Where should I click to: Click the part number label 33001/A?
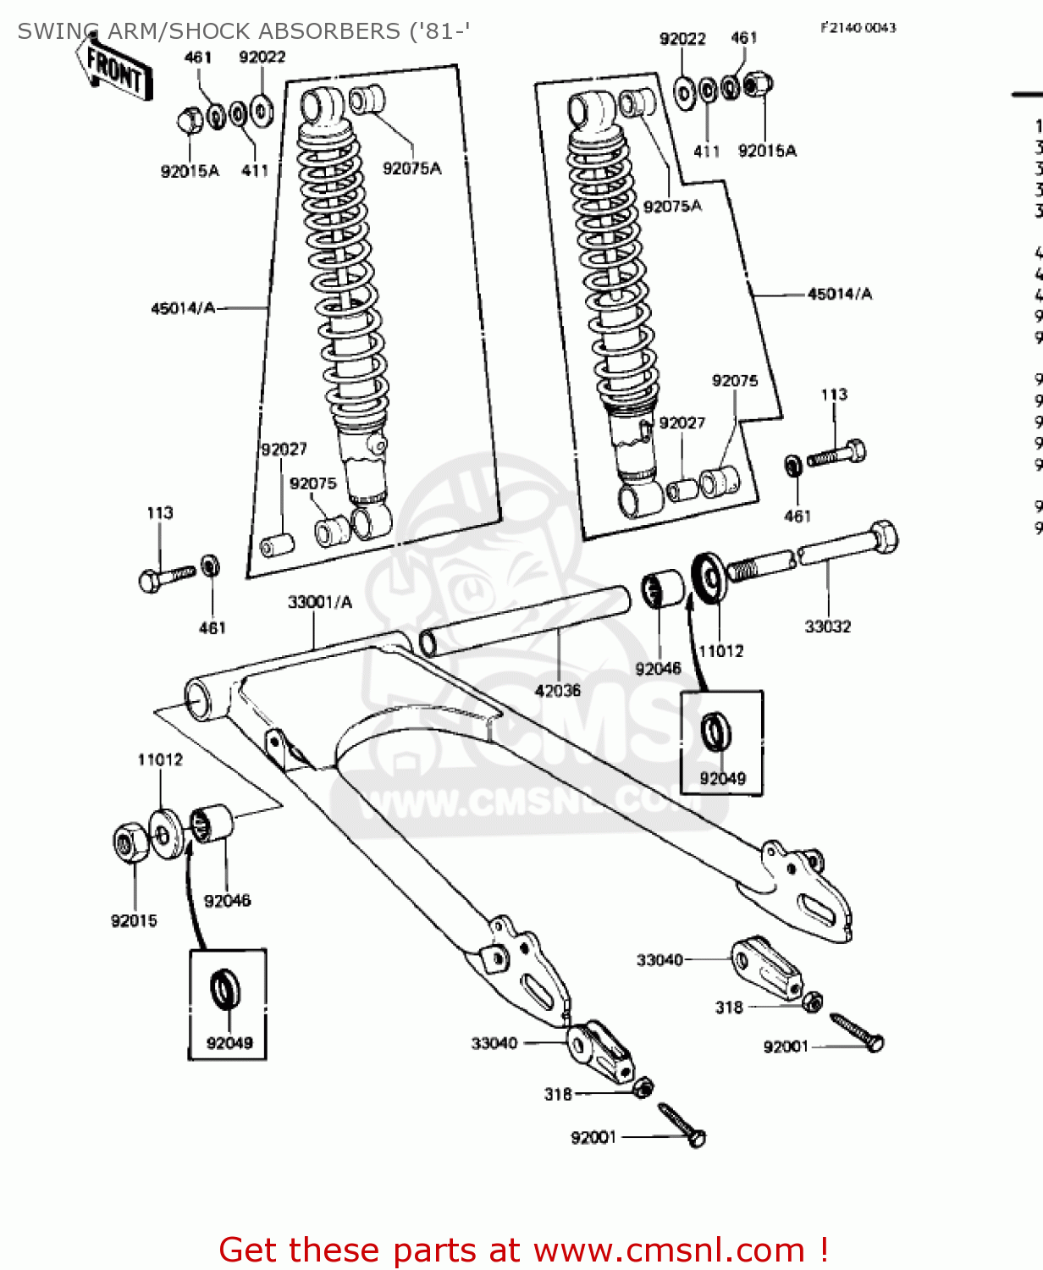[x=319, y=602]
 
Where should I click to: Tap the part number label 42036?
[x=557, y=691]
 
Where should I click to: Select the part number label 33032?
[x=827, y=627]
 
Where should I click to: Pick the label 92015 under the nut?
[x=134, y=920]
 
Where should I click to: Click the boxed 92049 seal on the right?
[x=717, y=731]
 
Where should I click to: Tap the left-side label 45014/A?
[x=183, y=308]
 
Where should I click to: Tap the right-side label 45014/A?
[x=839, y=294]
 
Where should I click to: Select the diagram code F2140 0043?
[x=858, y=27]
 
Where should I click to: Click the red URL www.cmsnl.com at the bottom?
[x=668, y=1250]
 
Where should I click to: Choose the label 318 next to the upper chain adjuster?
[x=728, y=1008]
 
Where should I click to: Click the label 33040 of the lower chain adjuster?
[x=494, y=1043]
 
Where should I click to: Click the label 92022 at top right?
[x=682, y=38]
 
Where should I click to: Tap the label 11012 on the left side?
[x=160, y=759]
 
